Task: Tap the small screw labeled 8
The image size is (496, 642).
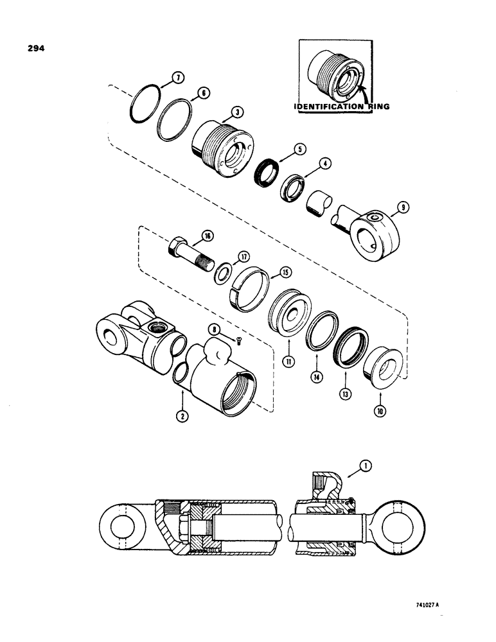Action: click(x=239, y=341)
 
